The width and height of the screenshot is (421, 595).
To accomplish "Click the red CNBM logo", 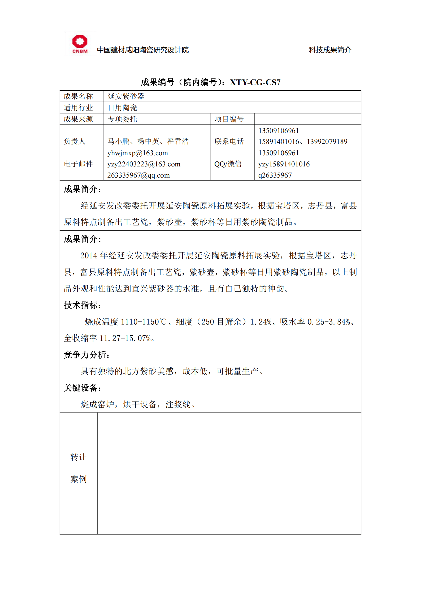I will pyautogui.click(x=80, y=44).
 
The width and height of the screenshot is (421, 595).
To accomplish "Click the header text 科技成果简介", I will pyautogui.click(x=330, y=50).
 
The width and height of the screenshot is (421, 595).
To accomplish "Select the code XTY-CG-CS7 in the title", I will pyautogui.click(x=255, y=82).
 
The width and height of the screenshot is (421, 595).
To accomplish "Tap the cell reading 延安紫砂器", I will pyautogui.click(x=126, y=96).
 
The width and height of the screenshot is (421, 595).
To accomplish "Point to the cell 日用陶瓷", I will pyautogui.click(x=122, y=108).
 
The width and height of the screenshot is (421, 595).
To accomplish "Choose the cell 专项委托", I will pyautogui.click(x=122, y=119).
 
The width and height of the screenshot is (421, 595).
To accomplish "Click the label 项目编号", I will pyautogui.click(x=229, y=119).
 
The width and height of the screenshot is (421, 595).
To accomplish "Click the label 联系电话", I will pyautogui.click(x=229, y=141).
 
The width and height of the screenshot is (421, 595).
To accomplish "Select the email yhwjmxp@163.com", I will pyautogui.click(x=137, y=153).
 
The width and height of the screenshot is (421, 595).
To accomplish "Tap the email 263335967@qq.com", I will pyautogui.click(x=138, y=175).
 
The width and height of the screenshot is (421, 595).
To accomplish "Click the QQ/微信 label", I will pyautogui.click(x=228, y=164).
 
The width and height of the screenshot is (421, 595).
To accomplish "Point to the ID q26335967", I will pyautogui.click(x=275, y=175).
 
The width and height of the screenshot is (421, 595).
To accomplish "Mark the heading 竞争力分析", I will pyautogui.click(x=86, y=355).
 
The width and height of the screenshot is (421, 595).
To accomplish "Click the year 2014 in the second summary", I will pyautogui.click(x=89, y=255).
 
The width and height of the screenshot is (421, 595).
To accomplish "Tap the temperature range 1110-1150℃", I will pyautogui.click(x=144, y=322).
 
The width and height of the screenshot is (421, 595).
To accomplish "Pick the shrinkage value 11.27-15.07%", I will pyautogui.click(x=125, y=338).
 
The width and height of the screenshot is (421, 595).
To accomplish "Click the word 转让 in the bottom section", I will pyautogui.click(x=79, y=457).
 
